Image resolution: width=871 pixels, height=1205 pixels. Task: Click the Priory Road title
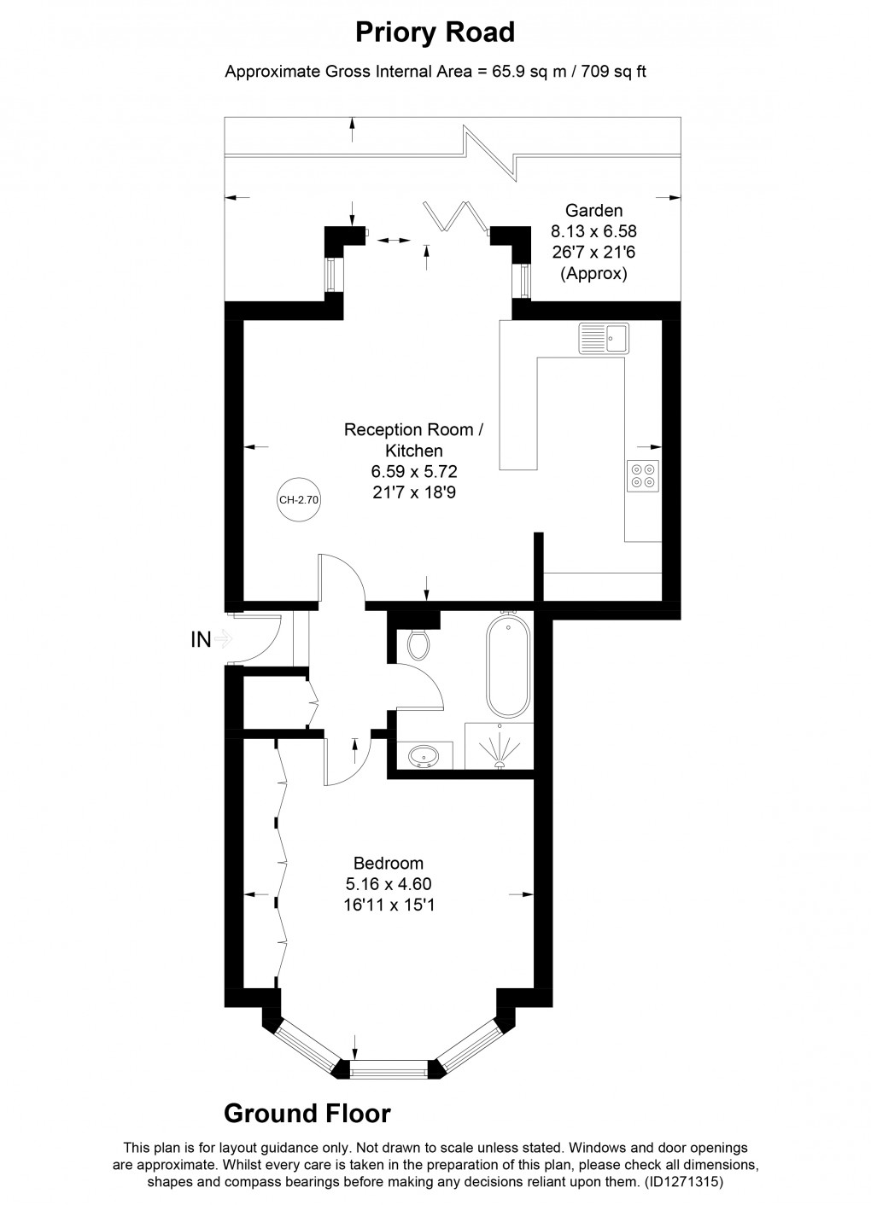coord(435,32)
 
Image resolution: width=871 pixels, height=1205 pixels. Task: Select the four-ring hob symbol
coord(642,474)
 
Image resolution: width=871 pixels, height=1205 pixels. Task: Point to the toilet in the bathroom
coord(418,644)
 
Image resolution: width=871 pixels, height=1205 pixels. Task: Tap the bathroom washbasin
coord(424,755)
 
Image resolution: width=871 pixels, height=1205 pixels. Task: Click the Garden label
coord(593,211)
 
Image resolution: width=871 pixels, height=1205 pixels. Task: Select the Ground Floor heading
coord(307,1114)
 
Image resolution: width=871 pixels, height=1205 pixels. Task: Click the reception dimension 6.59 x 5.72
coord(413,470)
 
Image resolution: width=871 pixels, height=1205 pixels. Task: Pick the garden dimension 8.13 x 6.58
coord(593,231)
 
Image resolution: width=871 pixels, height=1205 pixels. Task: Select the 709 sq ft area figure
coord(613,72)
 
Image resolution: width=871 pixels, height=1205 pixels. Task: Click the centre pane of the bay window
coord(389,1067)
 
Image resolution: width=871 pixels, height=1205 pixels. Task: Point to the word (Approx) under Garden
coord(593,274)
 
